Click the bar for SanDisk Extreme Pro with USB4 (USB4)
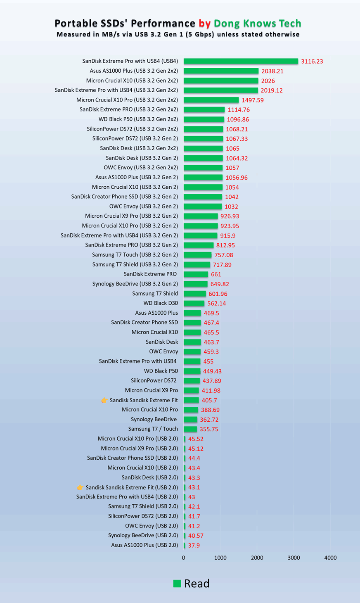tap(241, 61)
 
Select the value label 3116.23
tap(312, 61)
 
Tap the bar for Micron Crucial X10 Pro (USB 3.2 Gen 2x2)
tap(211, 100)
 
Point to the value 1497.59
tap(253, 100)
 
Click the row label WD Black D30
tap(161, 303)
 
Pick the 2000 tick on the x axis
tap(257, 558)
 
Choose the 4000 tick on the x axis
tap(330, 558)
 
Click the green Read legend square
tap(177, 584)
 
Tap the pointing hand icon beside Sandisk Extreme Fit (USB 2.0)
tap(80, 487)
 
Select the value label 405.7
tap(209, 400)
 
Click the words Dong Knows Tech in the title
tap(257, 23)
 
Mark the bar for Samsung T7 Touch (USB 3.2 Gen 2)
tap(197, 255)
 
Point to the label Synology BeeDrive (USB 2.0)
tap(143, 535)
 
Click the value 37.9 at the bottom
tap(194, 545)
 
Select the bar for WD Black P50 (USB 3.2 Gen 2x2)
tap(204, 119)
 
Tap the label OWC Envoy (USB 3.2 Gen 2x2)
tap(141, 168)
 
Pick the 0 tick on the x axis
tap(184, 558)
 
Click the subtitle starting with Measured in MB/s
tap(178, 34)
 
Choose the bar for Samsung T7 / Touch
tap(190, 429)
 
